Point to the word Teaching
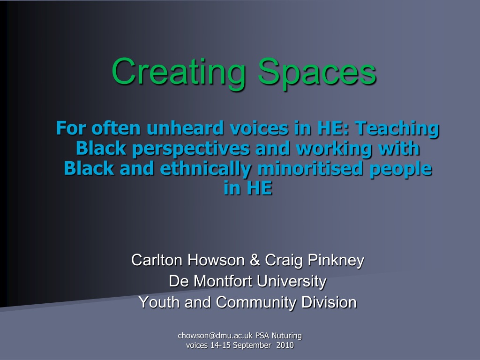tap(397, 129)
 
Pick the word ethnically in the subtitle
tap(205, 169)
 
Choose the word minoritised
tap(310, 168)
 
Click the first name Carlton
tap(157, 260)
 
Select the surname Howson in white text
tap(216, 260)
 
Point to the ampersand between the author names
tap(255, 260)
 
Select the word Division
tap(329, 302)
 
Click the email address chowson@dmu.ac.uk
tap(216, 336)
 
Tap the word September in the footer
tap(252, 345)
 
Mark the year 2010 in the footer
tap(285, 345)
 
